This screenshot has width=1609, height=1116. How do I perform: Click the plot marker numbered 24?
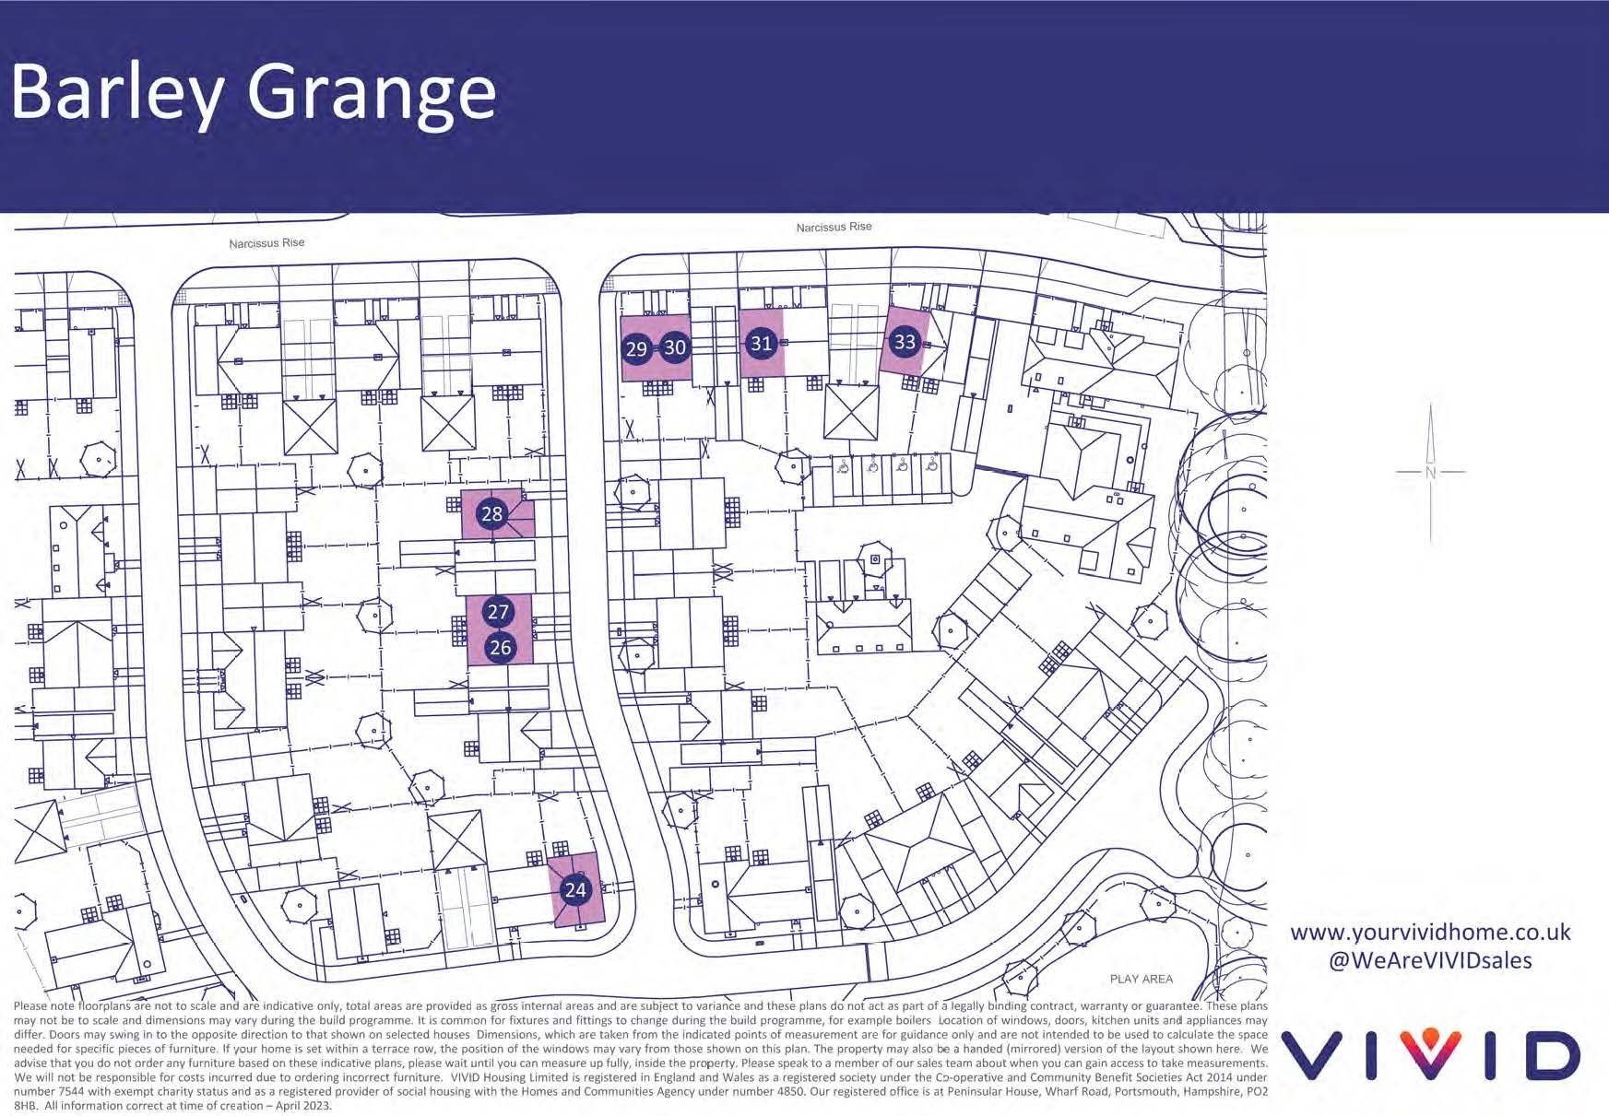click(574, 889)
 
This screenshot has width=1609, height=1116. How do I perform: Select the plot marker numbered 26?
click(500, 647)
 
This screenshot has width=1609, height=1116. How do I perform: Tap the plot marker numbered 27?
click(498, 612)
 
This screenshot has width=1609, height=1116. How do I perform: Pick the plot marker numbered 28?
click(492, 513)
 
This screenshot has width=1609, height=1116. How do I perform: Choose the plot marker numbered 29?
click(636, 348)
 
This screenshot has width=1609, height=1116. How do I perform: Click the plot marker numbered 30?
click(675, 347)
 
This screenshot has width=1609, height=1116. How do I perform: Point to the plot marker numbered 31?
click(760, 344)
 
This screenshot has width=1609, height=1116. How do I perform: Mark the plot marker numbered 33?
click(905, 342)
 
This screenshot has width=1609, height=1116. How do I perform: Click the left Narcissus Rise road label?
click(266, 243)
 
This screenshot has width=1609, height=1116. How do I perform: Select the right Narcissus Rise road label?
click(834, 227)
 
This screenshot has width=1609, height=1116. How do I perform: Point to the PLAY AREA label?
click(1141, 979)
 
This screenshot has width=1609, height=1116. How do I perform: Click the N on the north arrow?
click(1430, 473)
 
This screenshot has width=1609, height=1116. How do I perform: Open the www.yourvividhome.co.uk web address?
click(1430, 932)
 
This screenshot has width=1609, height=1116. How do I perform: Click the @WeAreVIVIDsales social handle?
click(1430, 960)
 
